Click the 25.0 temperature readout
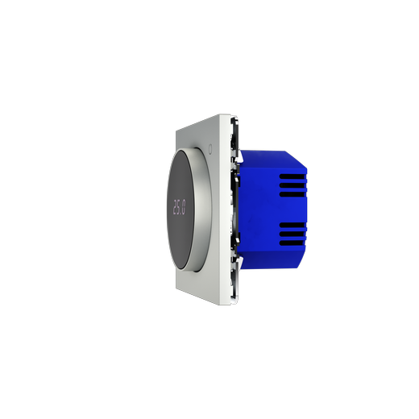click(179, 207)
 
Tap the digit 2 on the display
click(175, 207)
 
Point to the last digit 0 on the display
click(184, 208)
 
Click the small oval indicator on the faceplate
click(210, 149)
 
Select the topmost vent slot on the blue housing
click(292, 176)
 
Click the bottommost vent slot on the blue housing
click(292, 243)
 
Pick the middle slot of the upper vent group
click(292, 185)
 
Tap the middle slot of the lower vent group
click(292, 234)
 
